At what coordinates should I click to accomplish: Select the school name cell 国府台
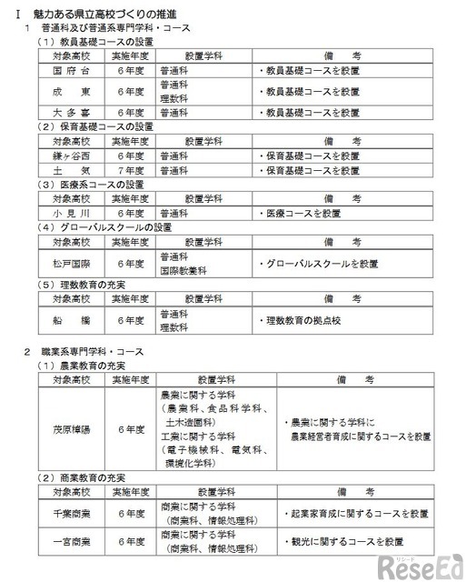click(x=70, y=68)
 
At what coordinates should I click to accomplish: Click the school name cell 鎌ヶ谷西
click(x=70, y=156)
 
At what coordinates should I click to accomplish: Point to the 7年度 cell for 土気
click(x=131, y=169)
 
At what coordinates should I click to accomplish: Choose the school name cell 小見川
click(x=70, y=213)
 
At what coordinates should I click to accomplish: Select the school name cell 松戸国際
click(x=70, y=264)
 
